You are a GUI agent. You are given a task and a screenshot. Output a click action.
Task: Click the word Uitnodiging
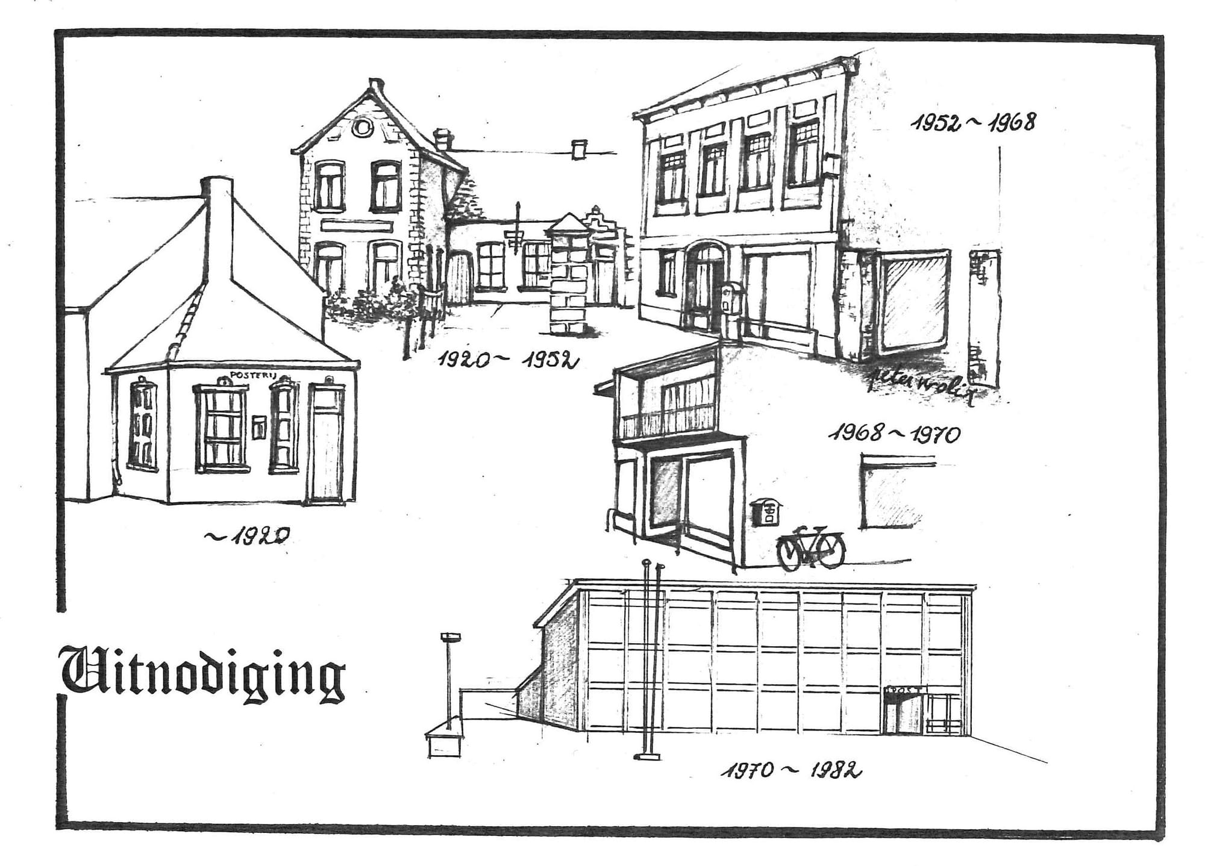pos(204,674)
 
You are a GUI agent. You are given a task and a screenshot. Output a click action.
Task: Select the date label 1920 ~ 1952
pos(507,360)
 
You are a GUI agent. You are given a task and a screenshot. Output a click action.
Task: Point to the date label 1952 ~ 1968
pos(973,122)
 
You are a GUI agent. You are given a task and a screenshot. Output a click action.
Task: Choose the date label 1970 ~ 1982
pos(790,771)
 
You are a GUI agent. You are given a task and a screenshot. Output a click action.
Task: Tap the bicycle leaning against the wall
pos(811,547)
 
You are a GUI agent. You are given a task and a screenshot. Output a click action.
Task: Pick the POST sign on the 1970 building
pos(904,690)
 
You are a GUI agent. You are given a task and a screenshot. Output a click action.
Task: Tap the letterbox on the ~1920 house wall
pos(260,427)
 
